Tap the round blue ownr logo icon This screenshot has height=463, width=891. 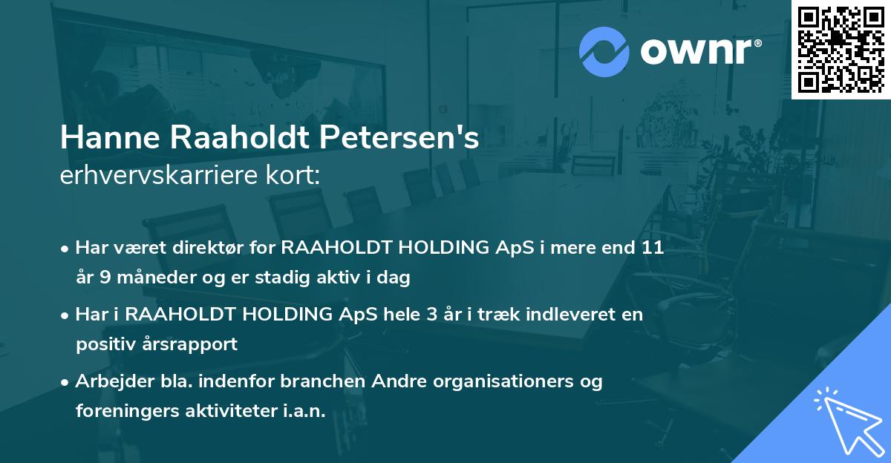tap(604, 51)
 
